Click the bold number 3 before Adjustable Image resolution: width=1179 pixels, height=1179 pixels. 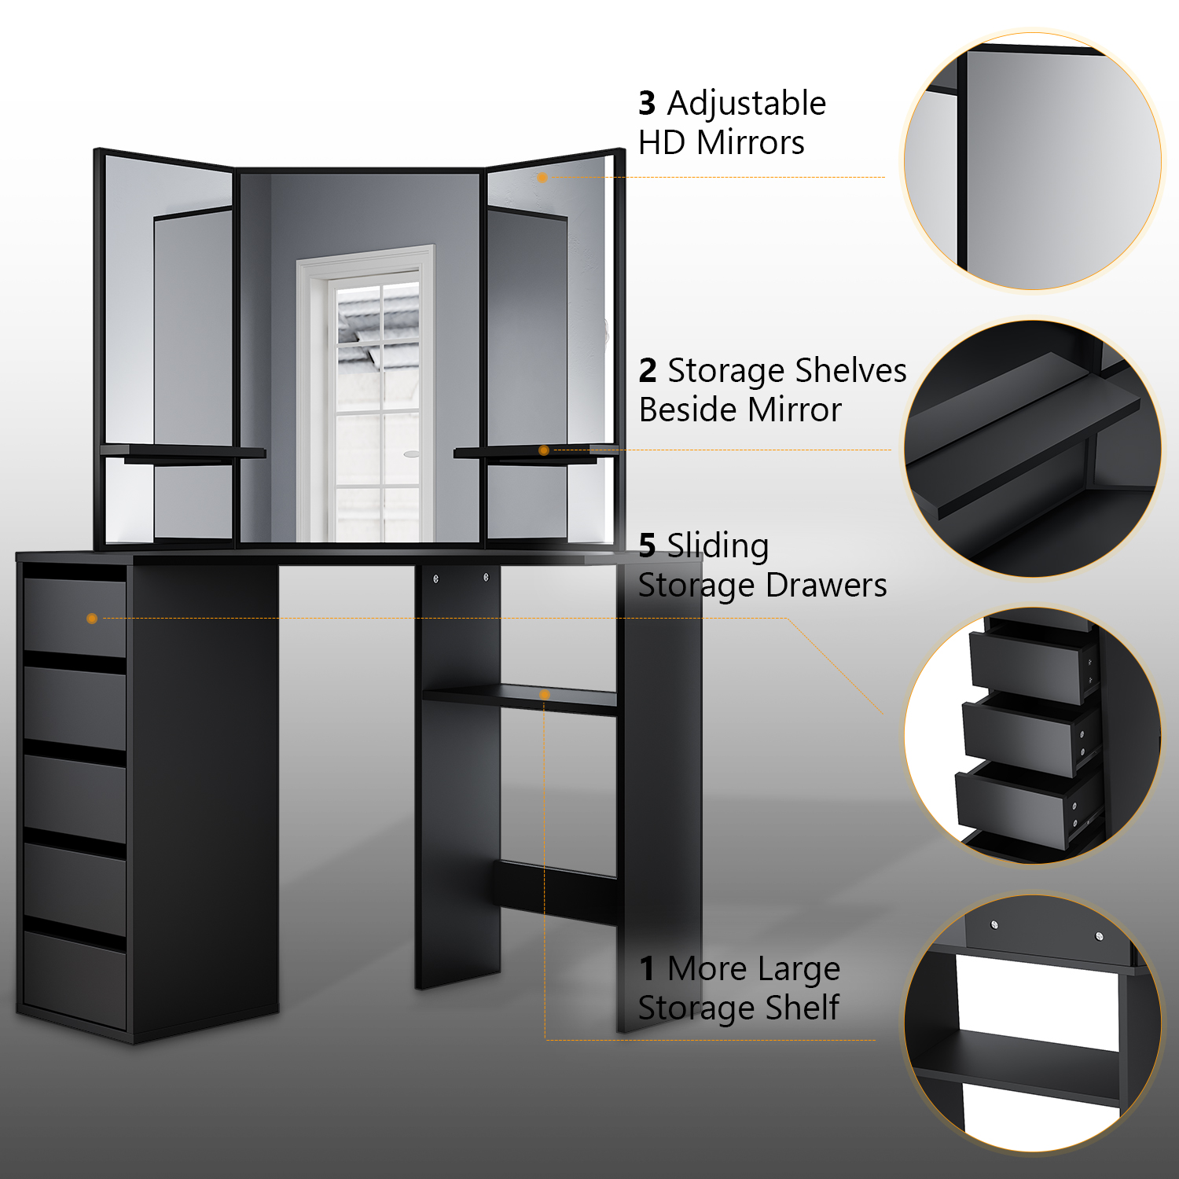coord(647,103)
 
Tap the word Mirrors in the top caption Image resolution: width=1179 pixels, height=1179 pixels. coord(751,142)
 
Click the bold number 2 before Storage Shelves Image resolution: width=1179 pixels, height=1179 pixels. coord(648,370)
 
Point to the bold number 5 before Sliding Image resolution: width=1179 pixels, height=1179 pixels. coord(647,545)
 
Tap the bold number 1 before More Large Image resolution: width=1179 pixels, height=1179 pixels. coord(647,968)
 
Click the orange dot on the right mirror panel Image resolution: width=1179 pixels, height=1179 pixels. coord(542,178)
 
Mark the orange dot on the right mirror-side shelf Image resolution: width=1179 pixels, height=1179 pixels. coord(544,450)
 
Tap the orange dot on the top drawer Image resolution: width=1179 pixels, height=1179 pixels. coord(92,619)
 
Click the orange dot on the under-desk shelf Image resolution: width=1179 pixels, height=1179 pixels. coord(544,695)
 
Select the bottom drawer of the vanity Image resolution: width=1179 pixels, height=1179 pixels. coord(75,980)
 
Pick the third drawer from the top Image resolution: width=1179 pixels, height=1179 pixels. coord(75,798)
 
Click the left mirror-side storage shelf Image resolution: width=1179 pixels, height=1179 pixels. coord(183,452)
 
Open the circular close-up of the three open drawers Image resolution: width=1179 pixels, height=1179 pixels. coord(1032,736)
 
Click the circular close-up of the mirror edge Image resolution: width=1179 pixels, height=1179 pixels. coord(1032,161)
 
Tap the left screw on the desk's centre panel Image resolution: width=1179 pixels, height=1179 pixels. coord(436,579)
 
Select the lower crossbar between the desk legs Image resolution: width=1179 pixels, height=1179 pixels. coord(556,892)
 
